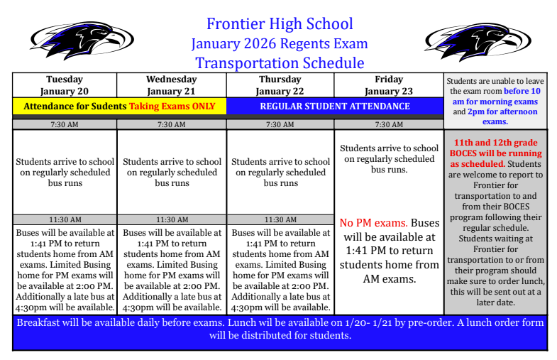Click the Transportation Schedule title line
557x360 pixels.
click(x=280, y=62)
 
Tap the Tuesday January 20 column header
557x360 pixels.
click(x=65, y=85)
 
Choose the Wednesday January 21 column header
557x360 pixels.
click(x=171, y=85)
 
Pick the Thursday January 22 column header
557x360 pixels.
click(x=280, y=85)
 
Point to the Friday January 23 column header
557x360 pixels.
click(x=388, y=85)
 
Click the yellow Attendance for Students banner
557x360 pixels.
click(x=119, y=107)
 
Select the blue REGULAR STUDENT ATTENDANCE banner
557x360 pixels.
click(x=335, y=107)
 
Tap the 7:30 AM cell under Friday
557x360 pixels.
click(x=388, y=124)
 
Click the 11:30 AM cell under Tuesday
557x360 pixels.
click(x=65, y=220)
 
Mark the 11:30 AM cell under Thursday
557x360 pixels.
click(x=280, y=220)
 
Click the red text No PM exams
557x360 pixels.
click(x=373, y=223)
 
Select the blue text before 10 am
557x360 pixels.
click(x=522, y=92)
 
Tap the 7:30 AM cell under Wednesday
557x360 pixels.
click(x=171, y=124)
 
